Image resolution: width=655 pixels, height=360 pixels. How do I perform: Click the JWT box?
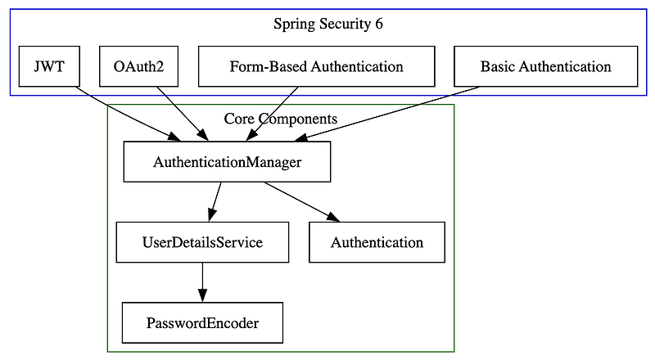point(48,66)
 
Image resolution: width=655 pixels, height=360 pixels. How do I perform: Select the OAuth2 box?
point(133,66)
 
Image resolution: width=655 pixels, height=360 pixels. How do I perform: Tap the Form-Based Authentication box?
point(316,66)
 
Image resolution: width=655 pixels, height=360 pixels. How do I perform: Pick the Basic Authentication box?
point(545,66)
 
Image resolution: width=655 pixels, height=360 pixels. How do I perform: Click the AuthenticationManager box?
point(227,162)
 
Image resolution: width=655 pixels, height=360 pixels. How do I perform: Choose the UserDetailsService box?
point(202,242)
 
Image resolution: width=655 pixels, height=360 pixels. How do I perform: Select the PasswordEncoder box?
point(202,323)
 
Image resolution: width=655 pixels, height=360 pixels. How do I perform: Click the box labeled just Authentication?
point(377,242)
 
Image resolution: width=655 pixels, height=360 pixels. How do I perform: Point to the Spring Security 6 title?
point(327,24)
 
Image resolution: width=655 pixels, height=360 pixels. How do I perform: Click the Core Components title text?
point(280,119)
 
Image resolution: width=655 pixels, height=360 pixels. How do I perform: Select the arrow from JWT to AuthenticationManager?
point(123,114)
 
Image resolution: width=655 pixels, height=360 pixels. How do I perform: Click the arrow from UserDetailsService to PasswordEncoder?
point(202,282)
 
